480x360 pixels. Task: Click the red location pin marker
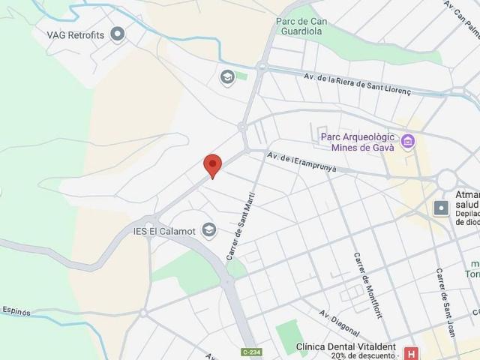pos(213,165)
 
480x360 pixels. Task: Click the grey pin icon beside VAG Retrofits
pos(117,34)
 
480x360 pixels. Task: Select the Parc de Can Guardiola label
pos(298,27)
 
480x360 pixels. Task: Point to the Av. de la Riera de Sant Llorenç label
pos(358,82)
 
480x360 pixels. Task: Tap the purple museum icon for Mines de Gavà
pos(407,141)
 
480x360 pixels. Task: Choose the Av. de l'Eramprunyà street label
pos(302,162)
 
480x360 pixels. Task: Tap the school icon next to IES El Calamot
pos(209,230)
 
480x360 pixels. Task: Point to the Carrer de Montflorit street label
pos(368,285)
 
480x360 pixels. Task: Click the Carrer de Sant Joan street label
pos(447,292)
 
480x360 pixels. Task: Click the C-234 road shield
pos(252,352)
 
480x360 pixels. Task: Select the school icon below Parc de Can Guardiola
pos(227,76)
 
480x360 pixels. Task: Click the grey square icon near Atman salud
pos(442,208)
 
